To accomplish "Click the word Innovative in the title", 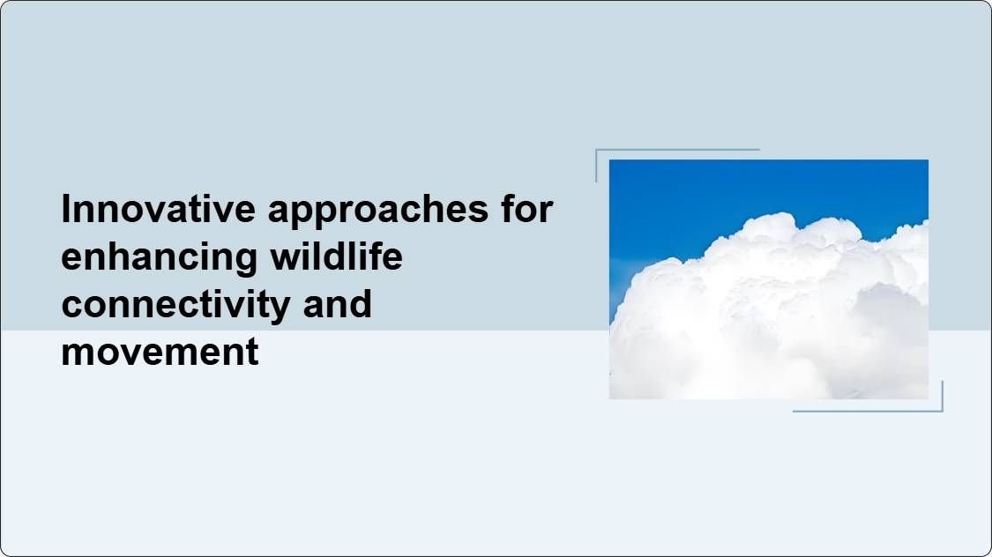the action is [x=158, y=208].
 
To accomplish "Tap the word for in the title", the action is [x=527, y=208].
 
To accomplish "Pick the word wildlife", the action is [x=337, y=256].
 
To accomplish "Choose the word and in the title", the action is [x=337, y=303].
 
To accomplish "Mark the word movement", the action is [x=160, y=352].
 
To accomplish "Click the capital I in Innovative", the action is [x=66, y=208].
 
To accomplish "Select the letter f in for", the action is [x=509, y=208].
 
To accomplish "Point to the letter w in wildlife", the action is [x=286, y=260].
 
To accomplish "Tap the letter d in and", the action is [x=361, y=303].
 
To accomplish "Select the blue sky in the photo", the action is [x=696, y=196].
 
